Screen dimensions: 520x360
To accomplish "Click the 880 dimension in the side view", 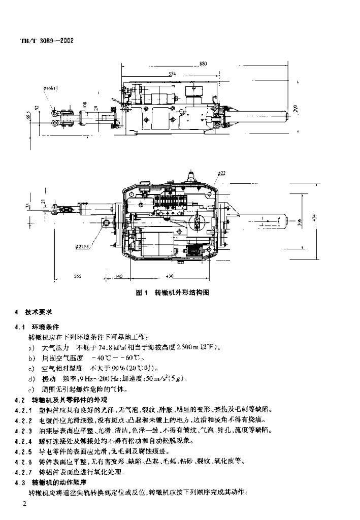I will pos(203,64).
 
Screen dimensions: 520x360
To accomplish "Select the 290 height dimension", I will pos(297,108).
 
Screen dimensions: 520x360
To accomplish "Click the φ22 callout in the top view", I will pos(221,174).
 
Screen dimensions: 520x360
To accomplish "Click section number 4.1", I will pos(21,328).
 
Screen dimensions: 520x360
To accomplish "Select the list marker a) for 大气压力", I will pos(32,347).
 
